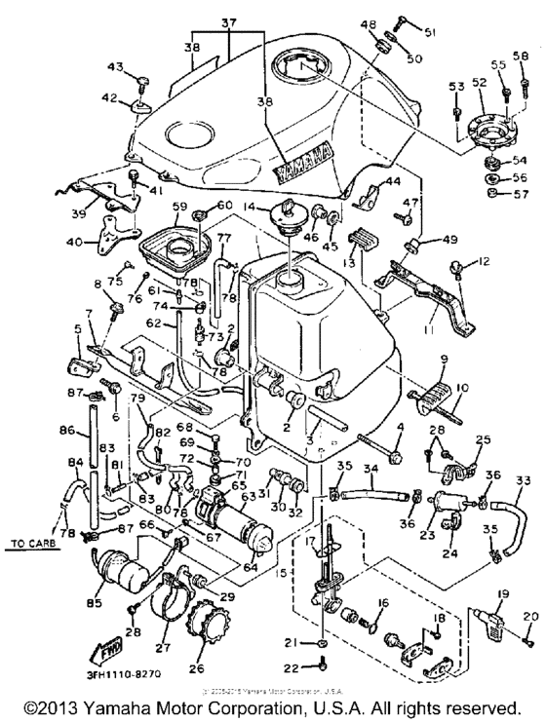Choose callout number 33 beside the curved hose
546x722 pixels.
point(524,480)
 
